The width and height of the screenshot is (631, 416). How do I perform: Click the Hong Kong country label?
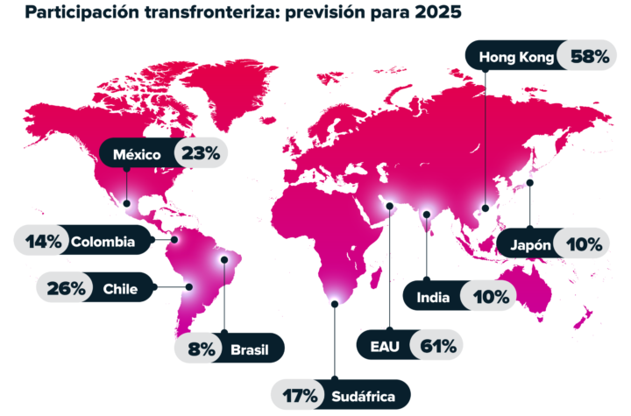pyautogui.click(x=516, y=58)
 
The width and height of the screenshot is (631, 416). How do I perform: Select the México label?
pyautogui.click(x=137, y=154)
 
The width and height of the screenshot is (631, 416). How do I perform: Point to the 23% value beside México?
pyautogui.click(x=200, y=154)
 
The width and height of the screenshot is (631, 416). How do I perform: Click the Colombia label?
pyautogui.click(x=103, y=241)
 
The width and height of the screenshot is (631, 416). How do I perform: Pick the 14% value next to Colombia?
pyautogui.click(x=44, y=241)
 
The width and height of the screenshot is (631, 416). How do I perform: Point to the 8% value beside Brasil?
pyautogui.click(x=201, y=349)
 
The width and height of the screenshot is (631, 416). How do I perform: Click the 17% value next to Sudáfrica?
pyautogui.click(x=299, y=394)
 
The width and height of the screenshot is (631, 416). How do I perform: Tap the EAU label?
pyautogui.click(x=386, y=346)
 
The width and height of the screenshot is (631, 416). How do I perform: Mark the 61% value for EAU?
pyautogui.click(x=438, y=346)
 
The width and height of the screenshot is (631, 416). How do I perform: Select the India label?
pyautogui.click(x=433, y=297)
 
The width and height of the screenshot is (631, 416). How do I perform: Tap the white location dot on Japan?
pyautogui.click(x=530, y=183)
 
